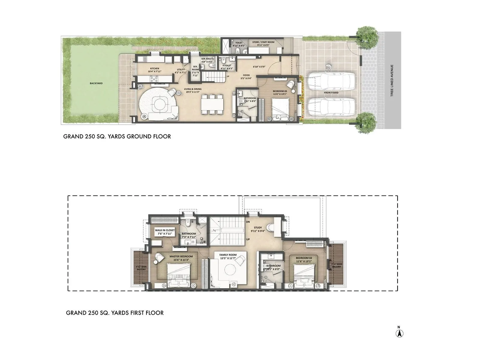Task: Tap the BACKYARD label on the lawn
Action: tap(96, 83)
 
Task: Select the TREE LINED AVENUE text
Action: tap(392, 81)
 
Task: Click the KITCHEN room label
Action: tap(154, 69)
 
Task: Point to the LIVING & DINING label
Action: tap(193, 89)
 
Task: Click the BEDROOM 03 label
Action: tap(280, 91)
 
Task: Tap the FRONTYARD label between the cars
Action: tap(331, 93)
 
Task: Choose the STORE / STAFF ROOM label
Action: tap(263, 42)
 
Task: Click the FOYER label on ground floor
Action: tap(246, 75)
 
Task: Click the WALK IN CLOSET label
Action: tap(164, 230)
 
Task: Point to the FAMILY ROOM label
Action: tap(228, 255)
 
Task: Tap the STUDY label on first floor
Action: tap(258, 228)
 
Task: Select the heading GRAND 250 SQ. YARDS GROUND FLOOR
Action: tap(117, 136)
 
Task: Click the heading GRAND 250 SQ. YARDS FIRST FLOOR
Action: tap(115, 313)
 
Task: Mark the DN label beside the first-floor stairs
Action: tap(248, 222)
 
